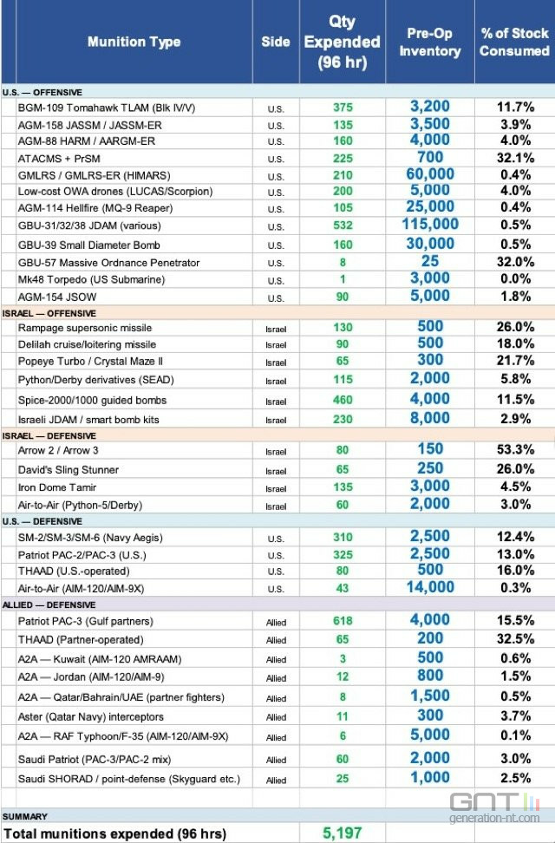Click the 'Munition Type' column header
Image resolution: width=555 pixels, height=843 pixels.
tap(134, 42)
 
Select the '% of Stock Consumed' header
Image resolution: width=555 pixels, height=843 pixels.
tap(514, 42)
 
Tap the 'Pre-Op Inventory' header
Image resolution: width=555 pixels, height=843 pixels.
tap(429, 42)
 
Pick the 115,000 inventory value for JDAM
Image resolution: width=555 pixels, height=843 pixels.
tap(429, 225)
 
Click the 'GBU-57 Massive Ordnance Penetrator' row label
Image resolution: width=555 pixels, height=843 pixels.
tap(108, 263)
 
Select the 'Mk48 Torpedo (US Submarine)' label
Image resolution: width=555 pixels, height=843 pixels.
tap(91, 279)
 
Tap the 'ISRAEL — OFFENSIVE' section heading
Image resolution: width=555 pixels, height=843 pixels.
tap(49, 312)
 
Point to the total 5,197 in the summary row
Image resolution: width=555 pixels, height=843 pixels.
tap(342, 833)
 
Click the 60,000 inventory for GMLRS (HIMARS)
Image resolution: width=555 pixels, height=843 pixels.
tap(429, 174)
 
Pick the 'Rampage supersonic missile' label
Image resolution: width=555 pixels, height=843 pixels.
tap(84, 328)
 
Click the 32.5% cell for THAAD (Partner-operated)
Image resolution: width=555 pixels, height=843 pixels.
tap(514, 640)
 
